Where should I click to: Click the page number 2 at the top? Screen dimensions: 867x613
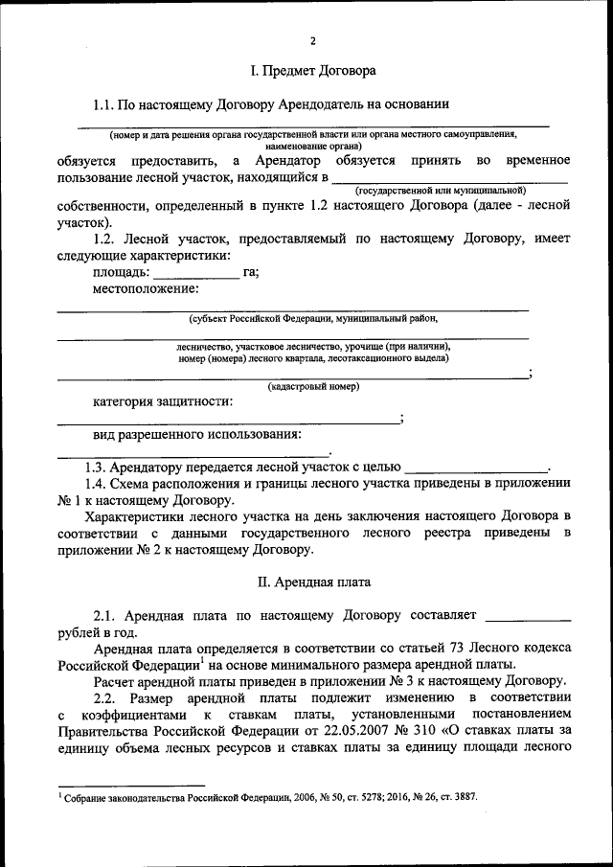point(312,40)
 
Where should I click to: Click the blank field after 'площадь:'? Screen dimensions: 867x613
point(203,272)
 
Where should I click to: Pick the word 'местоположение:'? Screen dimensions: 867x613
point(146,288)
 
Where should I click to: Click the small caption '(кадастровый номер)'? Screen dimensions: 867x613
point(313,387)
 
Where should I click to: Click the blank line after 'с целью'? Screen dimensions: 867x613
point(477,468)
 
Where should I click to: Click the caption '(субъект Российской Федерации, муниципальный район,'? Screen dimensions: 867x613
point(313,317)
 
